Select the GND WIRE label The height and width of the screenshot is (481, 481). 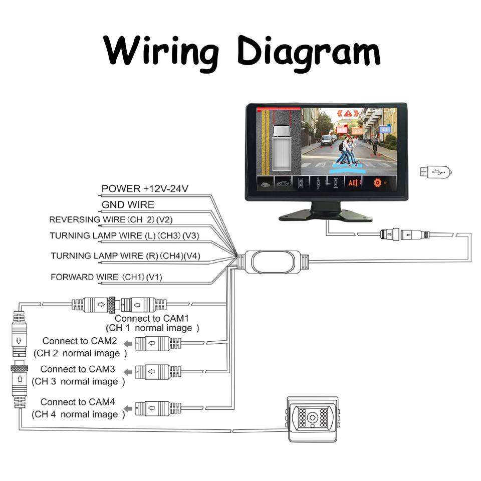128,204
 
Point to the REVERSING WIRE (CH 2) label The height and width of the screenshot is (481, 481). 111,219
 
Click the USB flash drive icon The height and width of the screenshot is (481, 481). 435,172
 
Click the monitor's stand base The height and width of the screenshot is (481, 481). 326,215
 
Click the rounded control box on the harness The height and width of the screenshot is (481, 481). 273,262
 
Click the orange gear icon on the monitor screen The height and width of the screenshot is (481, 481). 377,183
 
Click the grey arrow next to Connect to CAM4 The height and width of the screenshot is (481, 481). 128,408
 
